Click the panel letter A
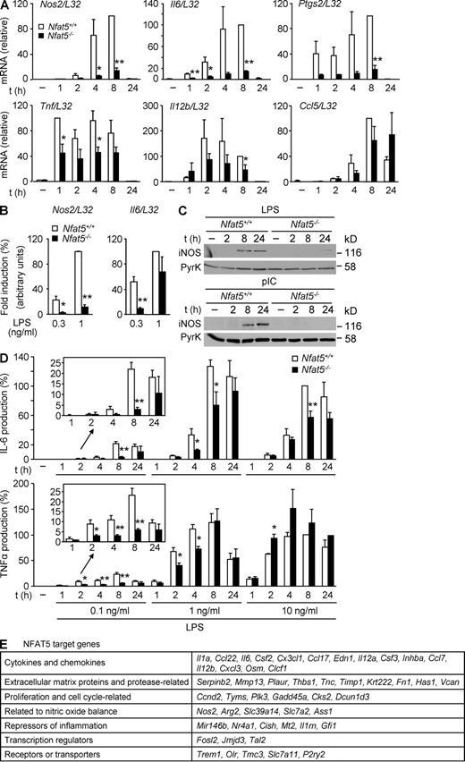(x=5, y=6)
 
